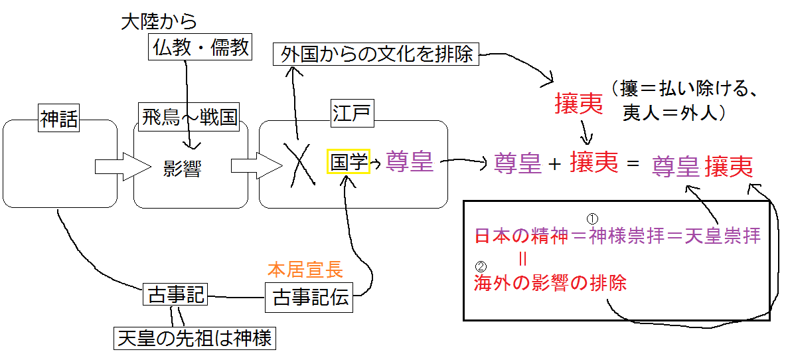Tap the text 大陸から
coord(159,21)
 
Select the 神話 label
coord(59,119)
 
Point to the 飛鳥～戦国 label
coord(189,118)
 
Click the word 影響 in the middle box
coord(182,169)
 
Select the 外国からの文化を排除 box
coord(376,54)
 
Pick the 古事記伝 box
coord(310,298)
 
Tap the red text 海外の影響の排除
coord(550,284)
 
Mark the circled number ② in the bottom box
coord(481,269)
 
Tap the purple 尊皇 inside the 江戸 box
coord(410,161)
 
